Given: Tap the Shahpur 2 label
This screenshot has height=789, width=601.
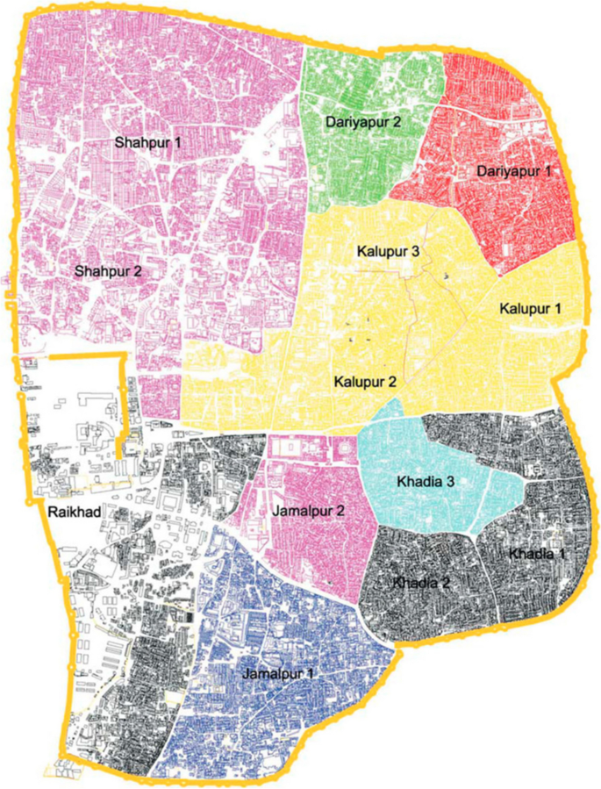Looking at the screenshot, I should (109, 270).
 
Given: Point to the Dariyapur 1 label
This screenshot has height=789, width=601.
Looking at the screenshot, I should (515, 172).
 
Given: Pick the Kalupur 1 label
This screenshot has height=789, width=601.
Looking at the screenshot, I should (530, 309).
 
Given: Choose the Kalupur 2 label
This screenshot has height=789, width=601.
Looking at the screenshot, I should (366, 382).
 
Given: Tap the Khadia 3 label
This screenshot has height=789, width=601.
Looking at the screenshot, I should (425, 483).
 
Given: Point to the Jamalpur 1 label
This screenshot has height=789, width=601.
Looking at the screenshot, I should (279, 672).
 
